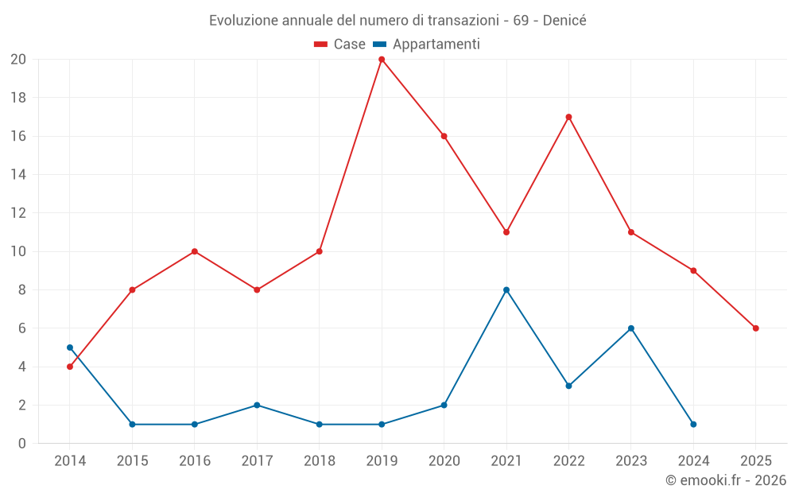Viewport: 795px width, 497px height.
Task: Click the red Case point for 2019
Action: pyautogui.click(x=382, y=59)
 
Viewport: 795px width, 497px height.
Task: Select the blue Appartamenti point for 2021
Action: pyautogui.click(x=506, y=289)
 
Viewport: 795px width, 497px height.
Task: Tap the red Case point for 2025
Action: pyautogui.click(x=756, y=328)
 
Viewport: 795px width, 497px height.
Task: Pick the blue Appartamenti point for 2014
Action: pyautogui.click(x=70, y=348)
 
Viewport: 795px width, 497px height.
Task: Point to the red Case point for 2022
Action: pyautogui.click(x=568, y=117)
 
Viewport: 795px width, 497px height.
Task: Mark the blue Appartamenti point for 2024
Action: pyautogui.click(x=693, y=424)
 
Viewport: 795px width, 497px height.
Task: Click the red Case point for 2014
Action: pyautogui.click(x=70, y=367)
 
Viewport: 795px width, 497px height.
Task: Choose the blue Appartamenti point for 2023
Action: pyautogui.click(x=631, y=328)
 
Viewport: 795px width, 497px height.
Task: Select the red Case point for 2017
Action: pyautogui.click(x=257, y=289)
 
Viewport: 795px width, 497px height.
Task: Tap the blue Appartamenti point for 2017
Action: pyautogui.click(x=257, y=405)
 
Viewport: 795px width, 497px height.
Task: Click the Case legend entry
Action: pyautogui.click(x=340, y=45)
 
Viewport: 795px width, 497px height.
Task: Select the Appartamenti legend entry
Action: pyautogui.click(x=427, y=45)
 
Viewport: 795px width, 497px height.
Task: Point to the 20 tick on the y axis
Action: pyautogui.click(x=18, y=60)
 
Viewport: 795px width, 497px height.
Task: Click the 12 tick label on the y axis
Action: pyautogui.click(x=18, y=213)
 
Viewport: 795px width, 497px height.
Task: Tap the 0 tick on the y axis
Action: pyautogui.click(x=22, y=444)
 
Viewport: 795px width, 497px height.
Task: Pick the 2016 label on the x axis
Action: pyautogui.click(x=195, y=461)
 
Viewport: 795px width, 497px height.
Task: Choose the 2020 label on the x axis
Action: pyautogui.click(x=444, y=461)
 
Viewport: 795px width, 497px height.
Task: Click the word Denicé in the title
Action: pyautogui.click(x=564, y=21)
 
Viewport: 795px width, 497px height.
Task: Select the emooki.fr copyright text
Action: pyautogui.click(x=726, y=480)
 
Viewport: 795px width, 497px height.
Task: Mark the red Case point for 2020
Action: pyautogui.click(x=444, y=136)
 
